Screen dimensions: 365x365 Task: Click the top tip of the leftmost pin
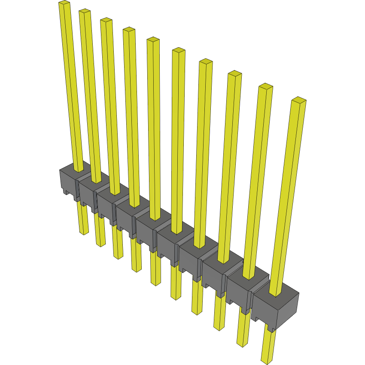(x=64, y=3)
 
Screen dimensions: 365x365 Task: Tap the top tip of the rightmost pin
(x=298, y=100)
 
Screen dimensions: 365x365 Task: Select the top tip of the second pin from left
(x=85, y=12)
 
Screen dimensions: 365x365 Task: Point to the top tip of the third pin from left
(x=106, y=20)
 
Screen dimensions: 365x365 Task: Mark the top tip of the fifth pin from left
(x=153, y=40)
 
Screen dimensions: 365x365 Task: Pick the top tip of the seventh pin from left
(x=206, y=62)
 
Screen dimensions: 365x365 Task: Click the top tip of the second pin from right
(x=266, y=86)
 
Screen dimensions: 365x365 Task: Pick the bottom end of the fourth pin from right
(x=197, y=312)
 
